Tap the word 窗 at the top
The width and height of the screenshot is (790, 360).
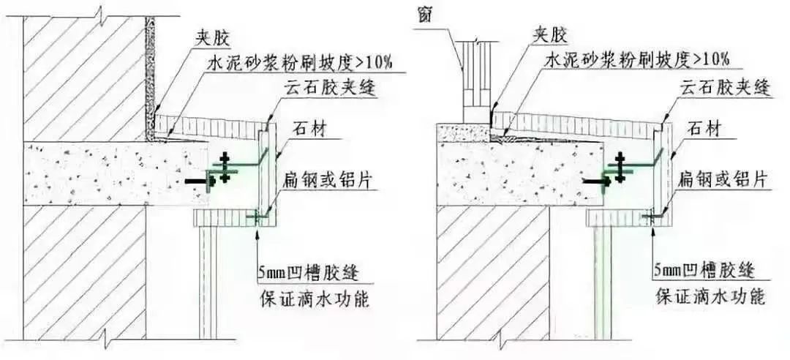point(424,15)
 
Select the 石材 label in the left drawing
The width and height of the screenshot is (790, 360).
point(309,130)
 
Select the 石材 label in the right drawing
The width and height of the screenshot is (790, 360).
point(703,130)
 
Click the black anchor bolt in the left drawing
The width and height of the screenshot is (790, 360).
point(198,180)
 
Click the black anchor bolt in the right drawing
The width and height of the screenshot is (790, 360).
point(595,180)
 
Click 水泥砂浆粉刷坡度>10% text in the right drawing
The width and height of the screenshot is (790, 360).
point(637,60)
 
